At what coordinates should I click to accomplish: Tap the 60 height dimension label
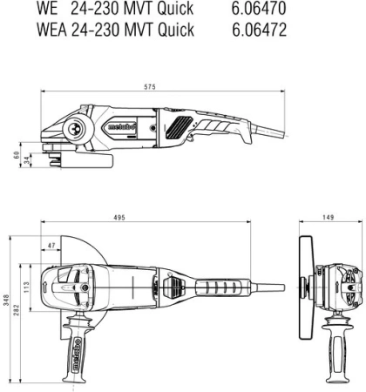pyautogui.click(x=16, y=154)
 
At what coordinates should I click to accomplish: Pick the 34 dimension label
pyautogui.click(x=28, y=159)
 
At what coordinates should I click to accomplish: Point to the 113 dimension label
pyautogui.click(x=25, y=288)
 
